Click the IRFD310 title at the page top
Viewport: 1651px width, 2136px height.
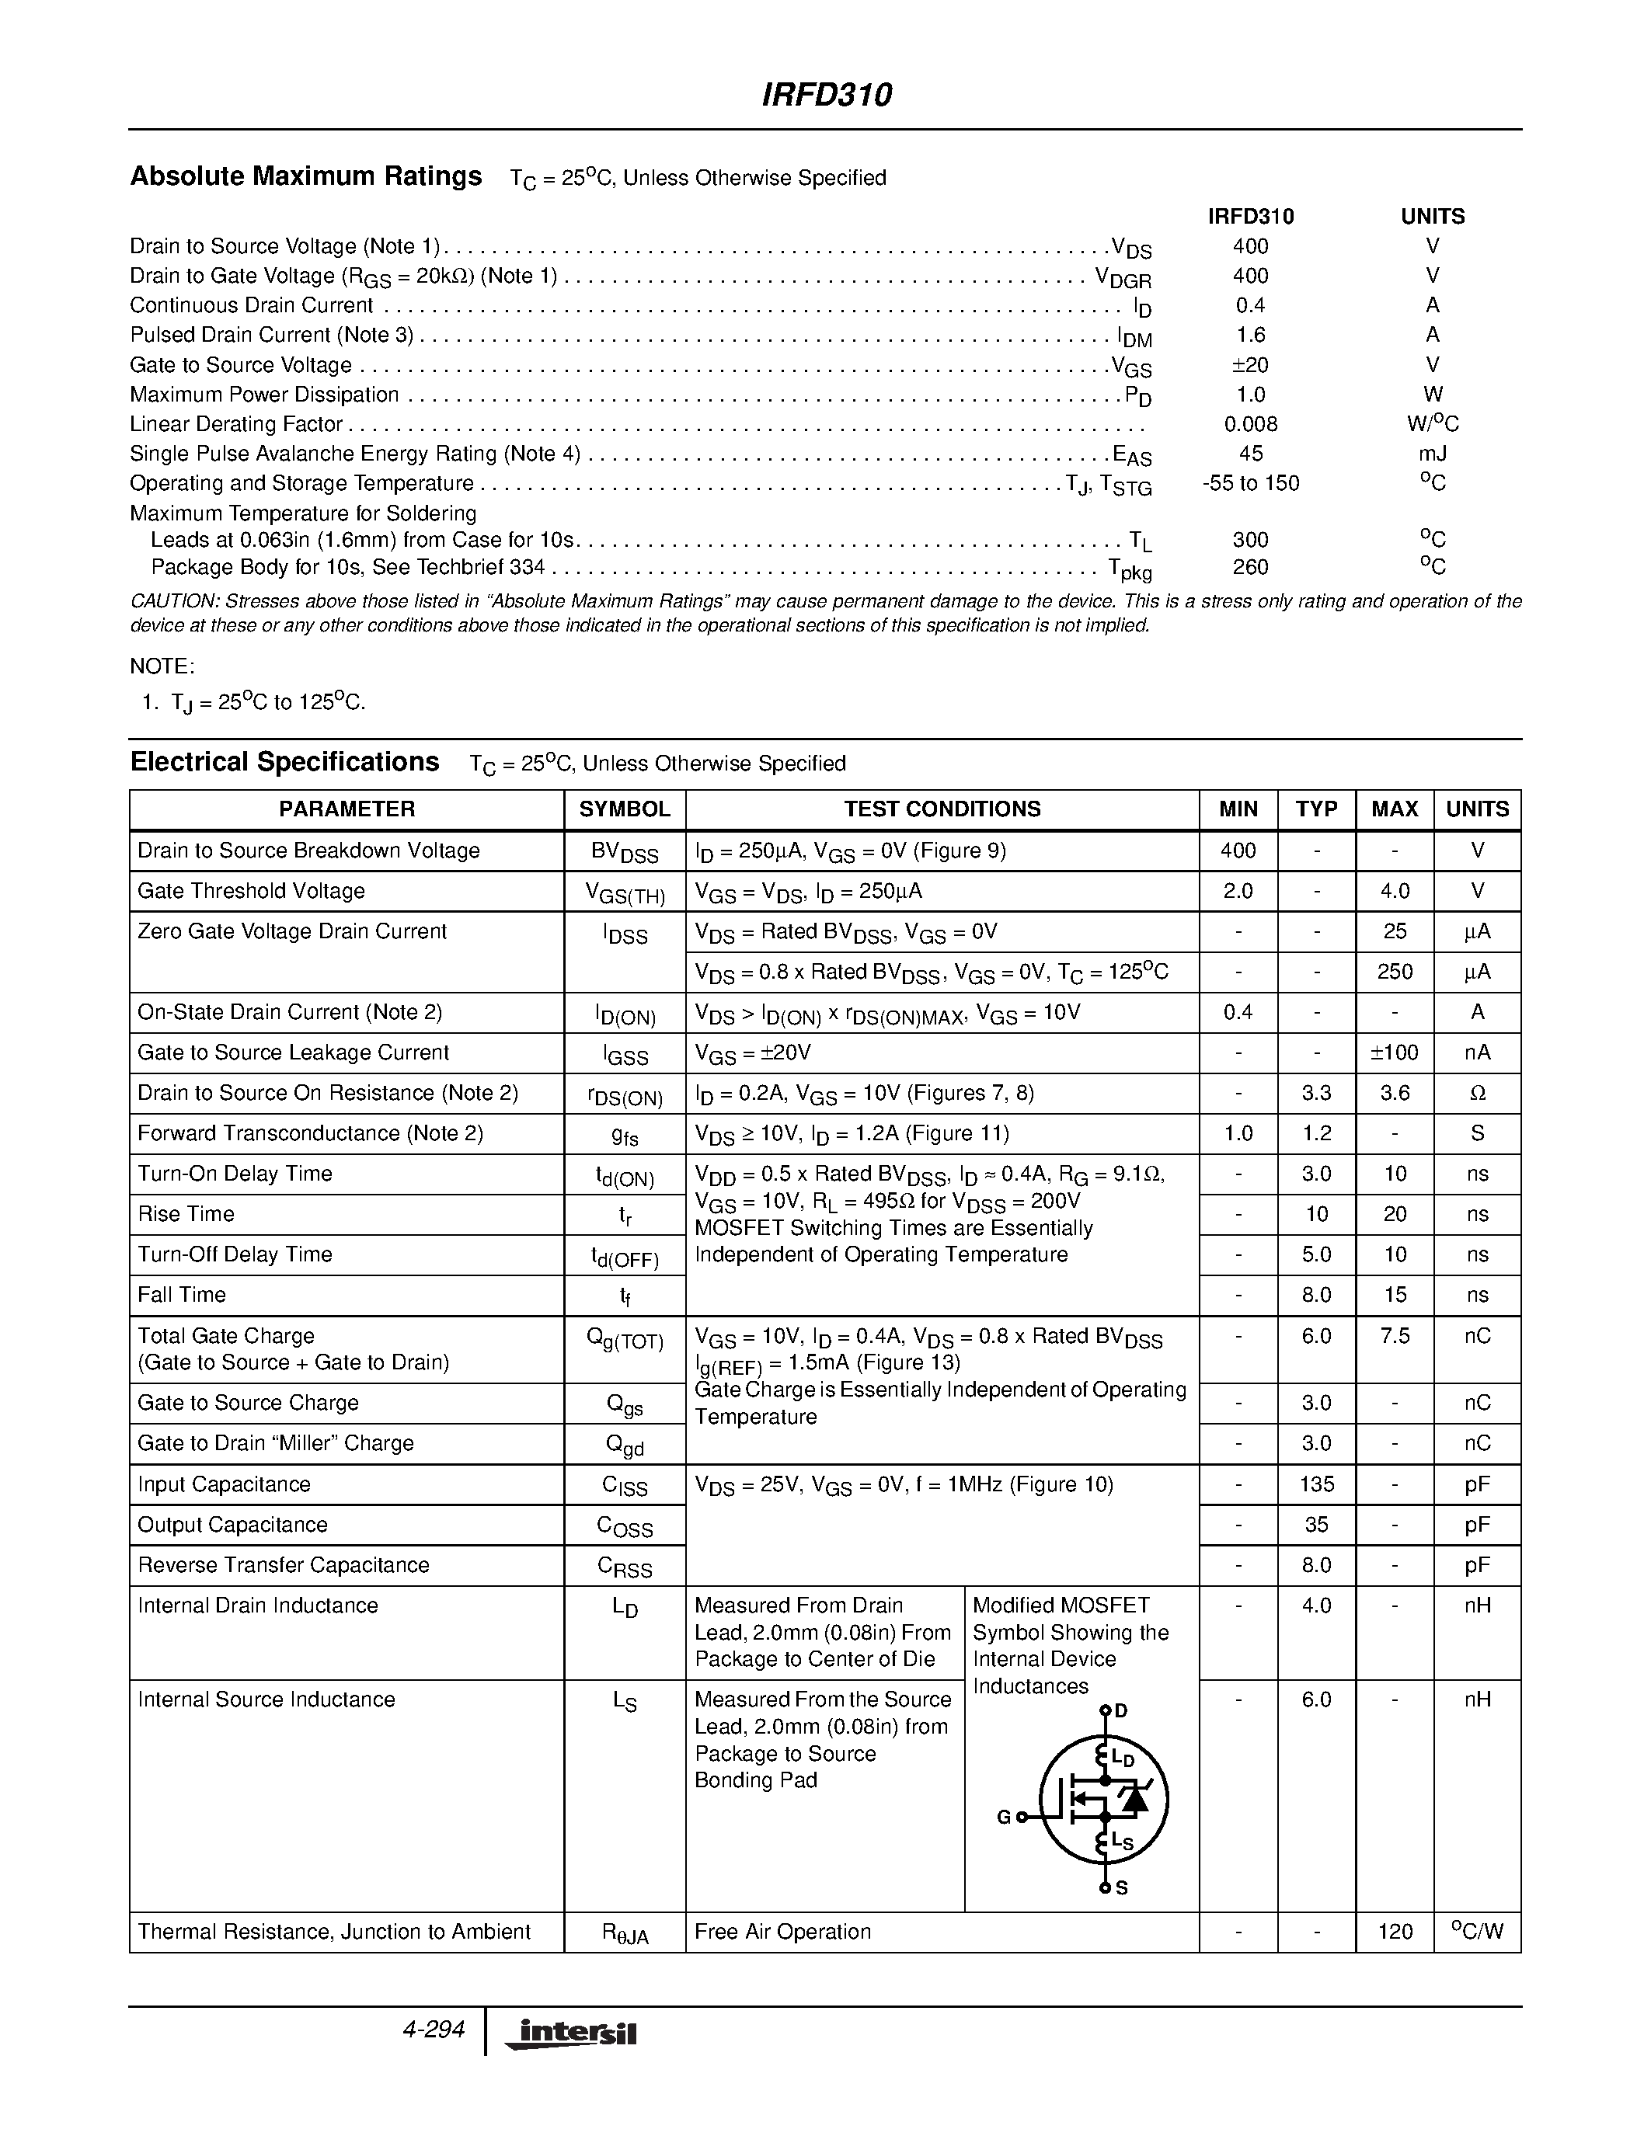tap(827, 95)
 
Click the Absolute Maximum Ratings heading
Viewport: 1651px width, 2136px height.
tap(306, 176)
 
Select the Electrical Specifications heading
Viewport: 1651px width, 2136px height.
tap(284, 762)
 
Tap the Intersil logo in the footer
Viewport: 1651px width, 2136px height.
tap(571, 2033)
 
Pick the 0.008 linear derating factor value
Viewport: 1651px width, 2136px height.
tap(1250, 423)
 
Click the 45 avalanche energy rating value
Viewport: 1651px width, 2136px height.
tap(1250, 454)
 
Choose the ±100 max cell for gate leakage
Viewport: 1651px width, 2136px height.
tap(1394, 1052)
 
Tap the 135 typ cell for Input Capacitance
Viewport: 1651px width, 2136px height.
tap(1316, 1484)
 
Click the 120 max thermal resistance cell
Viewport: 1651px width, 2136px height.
tap(1394, 1932)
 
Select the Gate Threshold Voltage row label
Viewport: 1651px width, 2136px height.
tap(252, 891)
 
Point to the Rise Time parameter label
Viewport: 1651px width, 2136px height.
tap(186, 1214)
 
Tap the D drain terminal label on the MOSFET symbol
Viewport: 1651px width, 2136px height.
tap(1121, 1710)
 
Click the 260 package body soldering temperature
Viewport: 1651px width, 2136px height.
tap(1250, 567)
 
